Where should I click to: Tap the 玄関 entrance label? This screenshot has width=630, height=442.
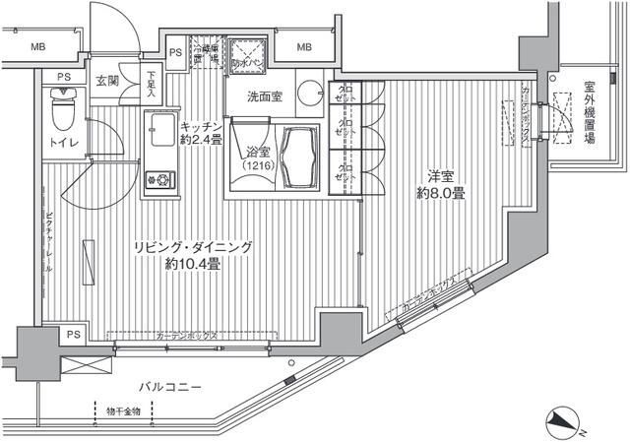point(106,82)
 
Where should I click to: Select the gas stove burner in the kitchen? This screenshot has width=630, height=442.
point(158,179)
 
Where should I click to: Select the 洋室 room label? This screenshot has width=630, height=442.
point(441,176)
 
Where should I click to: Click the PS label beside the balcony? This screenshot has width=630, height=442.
point(73,336)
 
